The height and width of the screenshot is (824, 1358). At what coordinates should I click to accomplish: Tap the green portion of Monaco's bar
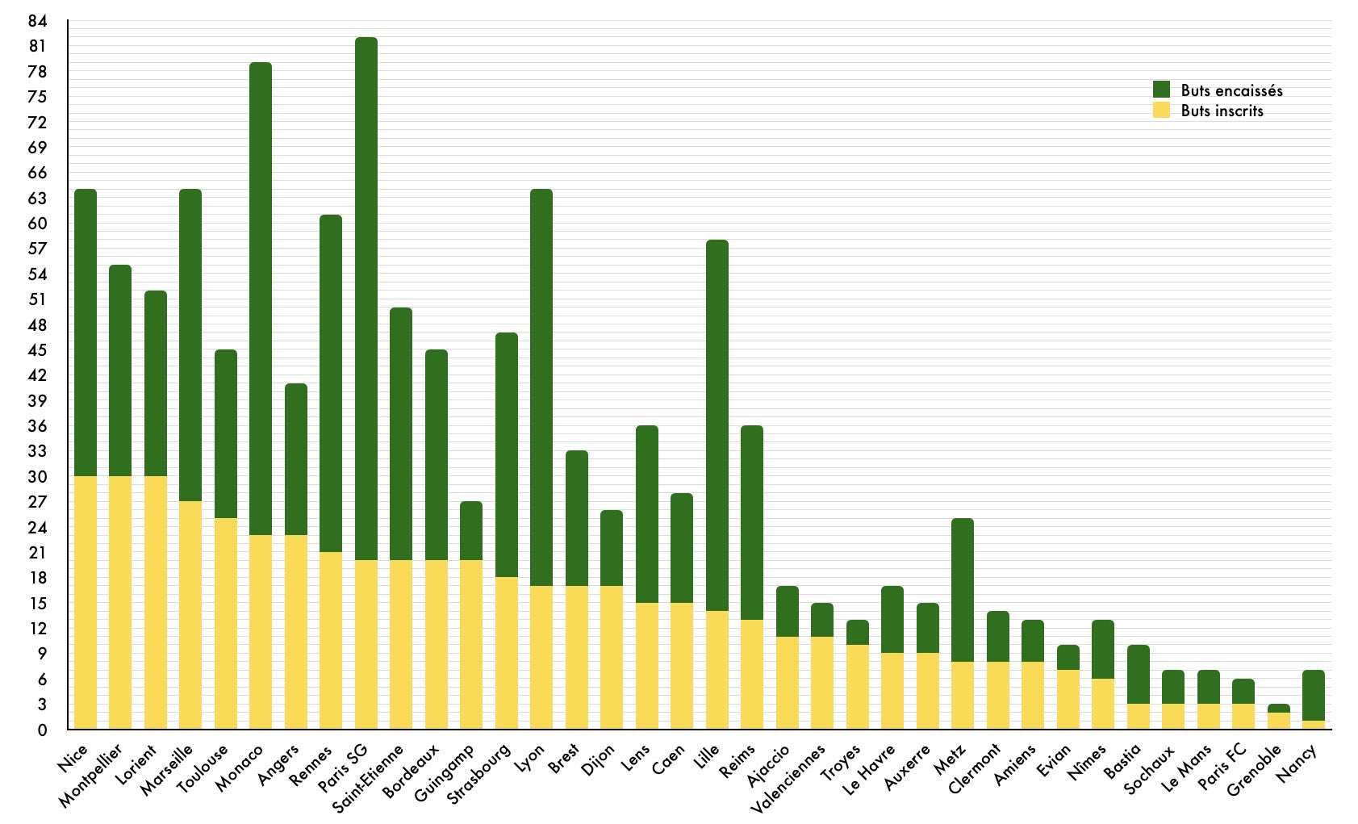[x=260, y=299]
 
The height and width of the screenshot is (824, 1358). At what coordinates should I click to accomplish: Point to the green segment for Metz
[x=962, y=590]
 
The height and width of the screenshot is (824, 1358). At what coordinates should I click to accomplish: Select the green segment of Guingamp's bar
[x=471, y=531]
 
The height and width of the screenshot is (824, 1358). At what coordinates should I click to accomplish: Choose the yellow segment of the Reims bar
[x=751, y=675]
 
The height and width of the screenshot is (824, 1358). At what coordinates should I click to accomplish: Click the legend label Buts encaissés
[x=1231, y=90]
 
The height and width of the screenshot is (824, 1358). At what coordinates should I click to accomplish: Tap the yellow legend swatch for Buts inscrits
[x=1161, y=111]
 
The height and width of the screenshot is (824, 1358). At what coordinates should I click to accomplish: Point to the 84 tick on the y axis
[x=37, y=21]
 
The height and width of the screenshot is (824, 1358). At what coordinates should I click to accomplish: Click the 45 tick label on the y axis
[x=37, y=350]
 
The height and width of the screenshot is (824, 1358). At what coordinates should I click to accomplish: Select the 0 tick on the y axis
[x=42, y=730]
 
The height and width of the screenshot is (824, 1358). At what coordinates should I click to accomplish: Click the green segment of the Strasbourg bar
[x=506, y=455]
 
